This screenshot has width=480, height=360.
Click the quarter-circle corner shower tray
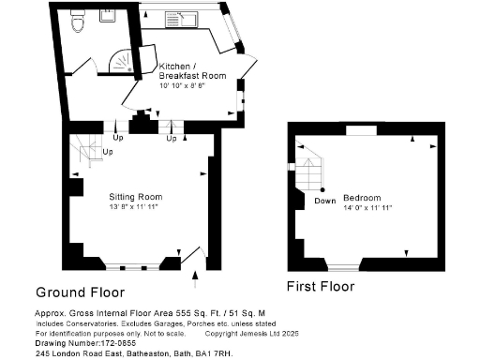pyautogui.click(x=122, y=62)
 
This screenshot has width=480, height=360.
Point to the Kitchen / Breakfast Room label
pyautogui.click(x=193, y=72)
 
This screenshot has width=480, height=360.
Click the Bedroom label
pyautogui.click(x=361, y=198)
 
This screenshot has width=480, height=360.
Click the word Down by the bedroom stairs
pyautogui.click(x=325, y=201)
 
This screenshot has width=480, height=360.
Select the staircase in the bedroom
pyautogui.click(x=307, y=171)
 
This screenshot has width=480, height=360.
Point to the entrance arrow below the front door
pyautogui.click(x=194, y=275)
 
